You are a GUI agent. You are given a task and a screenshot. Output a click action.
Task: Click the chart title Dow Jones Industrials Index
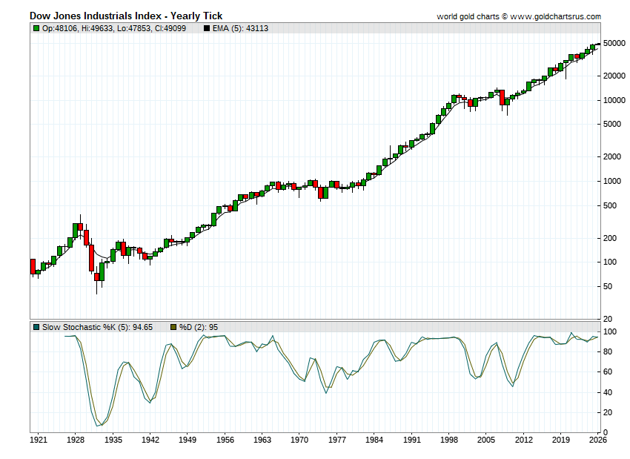point(126,16)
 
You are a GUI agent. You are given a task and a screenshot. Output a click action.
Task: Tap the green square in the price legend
point(36,28)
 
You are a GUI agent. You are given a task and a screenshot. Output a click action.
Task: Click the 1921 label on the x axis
point(38,440)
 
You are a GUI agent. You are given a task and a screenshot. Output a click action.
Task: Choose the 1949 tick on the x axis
point(188,440)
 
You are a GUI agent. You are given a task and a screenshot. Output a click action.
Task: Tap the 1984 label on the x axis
point(374,440)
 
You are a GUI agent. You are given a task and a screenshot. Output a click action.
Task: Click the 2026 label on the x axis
point(598,440)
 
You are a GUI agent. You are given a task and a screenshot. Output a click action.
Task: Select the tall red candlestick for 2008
point(502,97)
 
